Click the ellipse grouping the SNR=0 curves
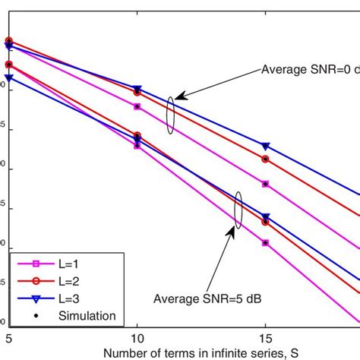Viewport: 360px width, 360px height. tap(171, 115)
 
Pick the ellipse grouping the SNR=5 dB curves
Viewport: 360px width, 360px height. tap(238, 209)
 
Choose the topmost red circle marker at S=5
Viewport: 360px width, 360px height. tap(8, 41)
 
